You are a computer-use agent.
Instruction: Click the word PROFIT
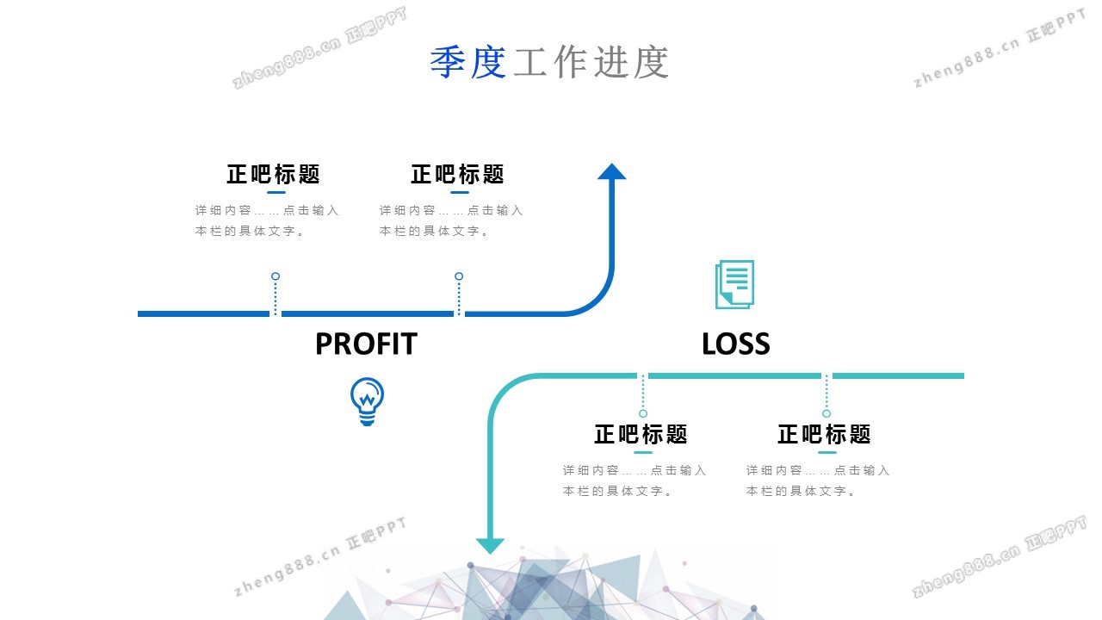pyautogui.click(x=366, y=344)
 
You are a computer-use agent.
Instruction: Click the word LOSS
pyautogui.click(x=735, y=344)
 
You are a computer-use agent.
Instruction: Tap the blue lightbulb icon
pyautogui.click(x=367, y=401)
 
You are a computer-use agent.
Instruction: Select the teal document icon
pyautogui.click(x=734, y=284)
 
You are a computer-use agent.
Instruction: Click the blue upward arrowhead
pyautogui.click(x=611, y=171)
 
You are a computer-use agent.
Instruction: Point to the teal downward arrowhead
pyautogui.click(x=491, y=545)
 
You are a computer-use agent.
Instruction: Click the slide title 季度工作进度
pyautogui.click(x=549, y=62)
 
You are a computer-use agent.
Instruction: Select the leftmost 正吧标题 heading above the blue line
pyautogui.click(x=273, y=174)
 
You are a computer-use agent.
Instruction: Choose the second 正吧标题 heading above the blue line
pyautogui.click(x=457, y=174)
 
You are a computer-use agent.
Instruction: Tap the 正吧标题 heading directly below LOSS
pyautogui.click(x=641, y=434)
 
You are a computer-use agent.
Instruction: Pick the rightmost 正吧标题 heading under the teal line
pyautogui.click(x=824, y=434)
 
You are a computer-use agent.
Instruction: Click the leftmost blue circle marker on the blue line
pyautogui.click(x=275, y=276)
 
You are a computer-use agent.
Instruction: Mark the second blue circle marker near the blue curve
pyautogui.click(x=459, y=276)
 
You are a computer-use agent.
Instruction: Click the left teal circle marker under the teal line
pyautogui.click(x=643, y=413)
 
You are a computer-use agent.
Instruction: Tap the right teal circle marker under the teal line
pyautogui.click(x=826, y=413)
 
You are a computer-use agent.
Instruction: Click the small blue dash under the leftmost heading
pyautogui.click(x=276, y=193)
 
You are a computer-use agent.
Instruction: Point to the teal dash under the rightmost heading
pyautogui.click(x=826, y=452)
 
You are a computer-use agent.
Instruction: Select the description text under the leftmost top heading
pyautogui.click(x=267, y=220)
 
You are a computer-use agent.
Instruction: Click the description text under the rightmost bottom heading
pyautogui.click(x=818, y=480)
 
